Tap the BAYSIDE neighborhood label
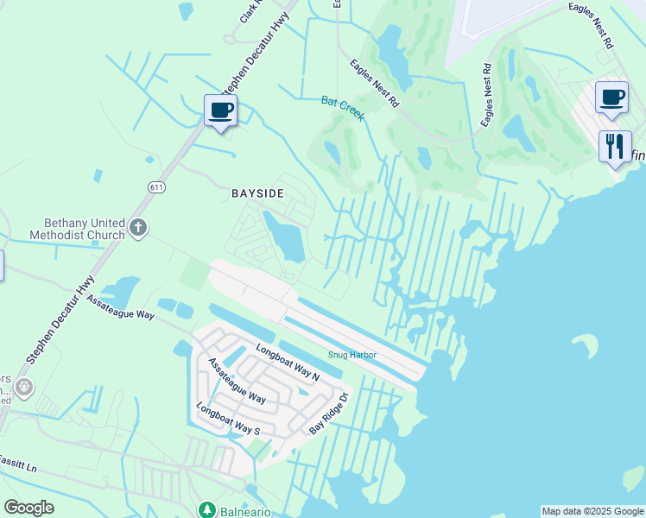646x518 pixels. click(257, 193)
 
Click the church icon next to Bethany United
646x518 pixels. click(138, 229)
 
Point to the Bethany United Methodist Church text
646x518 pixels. click(79, 228)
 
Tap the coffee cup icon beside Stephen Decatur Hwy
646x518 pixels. click(220, 111)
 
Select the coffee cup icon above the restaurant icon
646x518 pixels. click(611, 97)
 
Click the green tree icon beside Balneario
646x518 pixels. click(207, 509)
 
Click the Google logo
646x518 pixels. click(28, 508)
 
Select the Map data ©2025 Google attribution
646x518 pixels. click(592, 511)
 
